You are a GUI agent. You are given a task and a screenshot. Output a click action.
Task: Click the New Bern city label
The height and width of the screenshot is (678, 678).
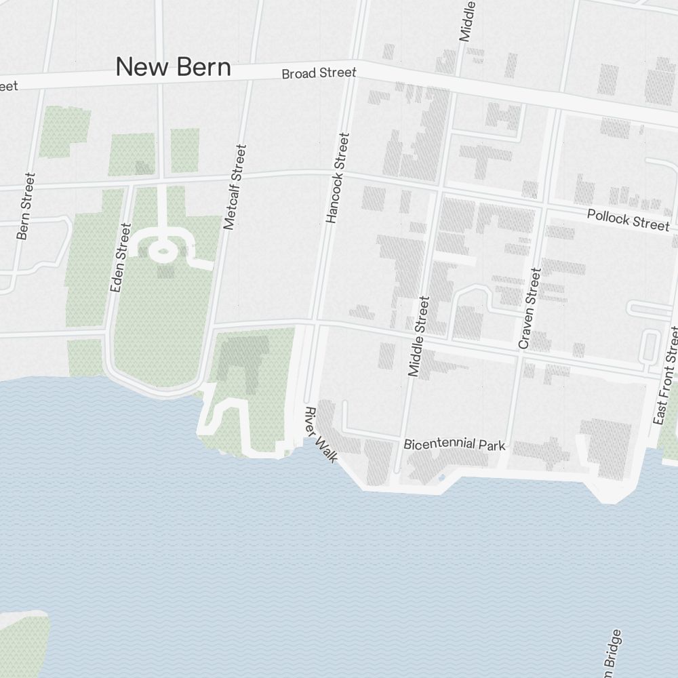click(x=173, y=67)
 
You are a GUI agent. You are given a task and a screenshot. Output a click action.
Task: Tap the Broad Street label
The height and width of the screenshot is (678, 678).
click(x=319, y=73)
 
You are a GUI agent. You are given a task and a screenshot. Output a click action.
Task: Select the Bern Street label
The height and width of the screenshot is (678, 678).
click(x=26, y=206)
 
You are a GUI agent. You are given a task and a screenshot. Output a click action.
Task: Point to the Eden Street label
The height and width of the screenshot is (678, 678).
click(x=120, y=258)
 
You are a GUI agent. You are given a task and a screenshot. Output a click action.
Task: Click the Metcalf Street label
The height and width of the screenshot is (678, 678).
click(x=235, y=187)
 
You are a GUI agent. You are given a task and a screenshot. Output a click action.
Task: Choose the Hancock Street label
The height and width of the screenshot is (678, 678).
click(x=337, y=178)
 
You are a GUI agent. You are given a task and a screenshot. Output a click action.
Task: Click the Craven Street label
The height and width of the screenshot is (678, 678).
click(x=530, y=308)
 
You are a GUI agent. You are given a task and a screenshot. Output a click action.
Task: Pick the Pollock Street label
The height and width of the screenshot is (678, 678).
click(x=628, y=220)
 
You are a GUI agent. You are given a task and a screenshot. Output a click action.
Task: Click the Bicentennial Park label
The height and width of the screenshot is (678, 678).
click(x=454, y=445)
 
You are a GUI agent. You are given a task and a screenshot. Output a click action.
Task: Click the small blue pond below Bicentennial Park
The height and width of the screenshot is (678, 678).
click(x=441, y=478)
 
